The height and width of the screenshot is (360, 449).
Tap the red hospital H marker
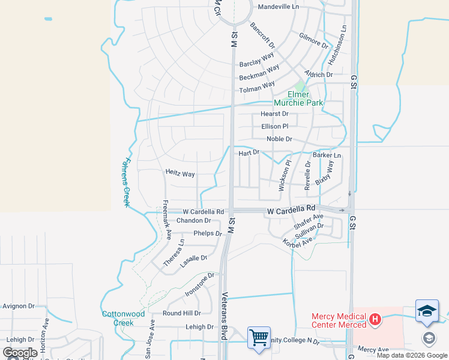click(x=375, y=318)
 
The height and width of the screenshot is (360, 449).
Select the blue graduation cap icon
click(x=427, y=311)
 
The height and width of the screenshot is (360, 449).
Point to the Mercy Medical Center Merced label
click(x=339, y=320)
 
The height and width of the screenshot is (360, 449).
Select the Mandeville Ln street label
click(x=278, y=8)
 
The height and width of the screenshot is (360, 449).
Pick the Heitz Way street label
click(x=180, y=174)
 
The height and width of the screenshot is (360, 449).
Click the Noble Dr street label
click(x=279, y=139)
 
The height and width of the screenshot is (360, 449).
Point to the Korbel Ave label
click(x=298, y=241)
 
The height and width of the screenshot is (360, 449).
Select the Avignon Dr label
click(x=19, y=306)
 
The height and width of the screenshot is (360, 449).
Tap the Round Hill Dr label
click(x=182, y=313)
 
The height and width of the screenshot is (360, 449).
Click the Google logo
click(x=20, y=353)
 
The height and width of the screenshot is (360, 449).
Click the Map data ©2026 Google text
click(x=411, y=355)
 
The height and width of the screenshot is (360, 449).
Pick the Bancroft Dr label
click(x=262, y=36)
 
